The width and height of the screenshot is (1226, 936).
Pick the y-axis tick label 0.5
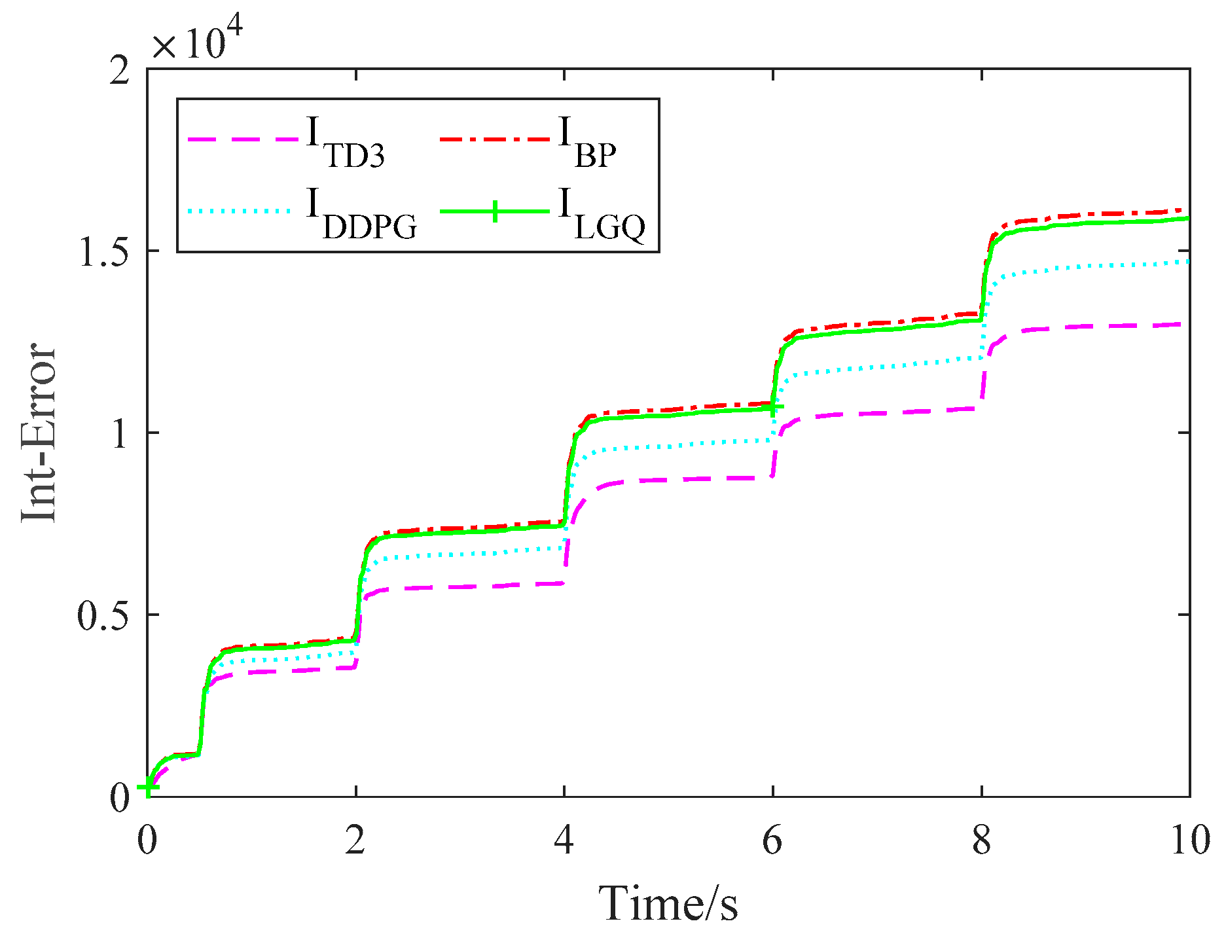point(104,615)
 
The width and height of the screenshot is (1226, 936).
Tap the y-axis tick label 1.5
point(104,251)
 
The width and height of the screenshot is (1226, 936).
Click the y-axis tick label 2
point(120,69)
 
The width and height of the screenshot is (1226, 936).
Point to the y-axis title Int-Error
point(39,433)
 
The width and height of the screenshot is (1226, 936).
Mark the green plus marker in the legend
point(495,211)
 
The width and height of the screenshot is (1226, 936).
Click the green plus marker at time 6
point(773,406)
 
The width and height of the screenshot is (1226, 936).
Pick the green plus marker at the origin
point(148,787)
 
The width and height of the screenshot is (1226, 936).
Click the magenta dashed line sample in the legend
point(242,139)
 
